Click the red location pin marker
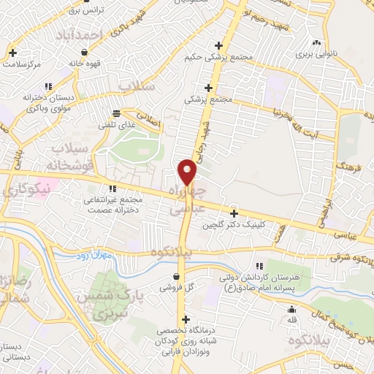188,172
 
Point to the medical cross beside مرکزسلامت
13,53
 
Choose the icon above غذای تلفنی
115,113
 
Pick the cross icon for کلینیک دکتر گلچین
234,214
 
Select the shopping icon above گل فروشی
178,275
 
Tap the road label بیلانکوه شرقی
350,257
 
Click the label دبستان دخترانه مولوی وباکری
29,102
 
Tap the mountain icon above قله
291,308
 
